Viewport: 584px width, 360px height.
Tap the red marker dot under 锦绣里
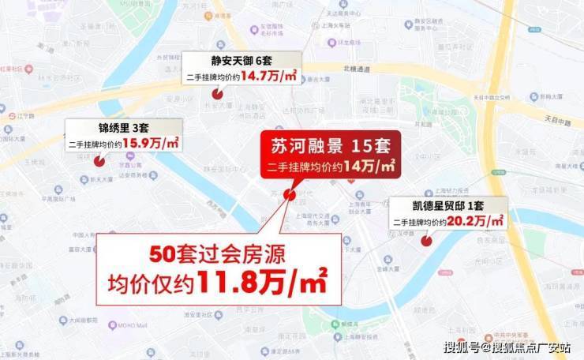99,162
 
